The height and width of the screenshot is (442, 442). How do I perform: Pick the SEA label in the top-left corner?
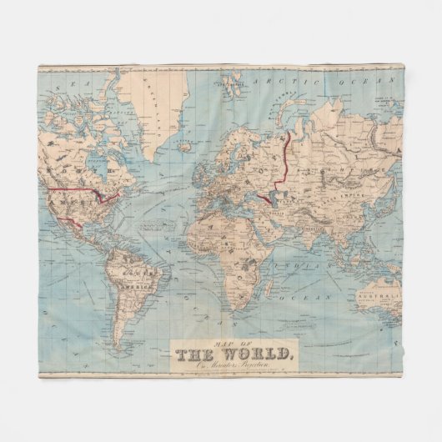click(x=58, y=83)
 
